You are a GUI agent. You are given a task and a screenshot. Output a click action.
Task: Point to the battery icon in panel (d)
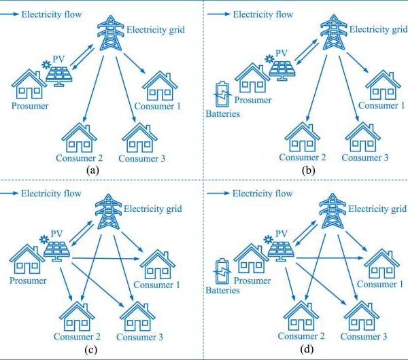click(x=222, y=271)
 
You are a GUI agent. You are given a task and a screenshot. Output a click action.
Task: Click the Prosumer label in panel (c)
click(x=28, y=280)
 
